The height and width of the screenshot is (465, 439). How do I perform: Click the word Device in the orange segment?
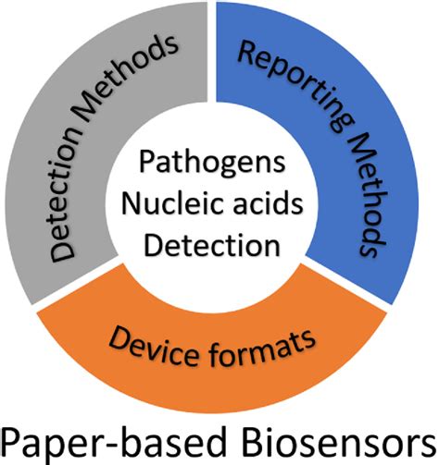157,343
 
